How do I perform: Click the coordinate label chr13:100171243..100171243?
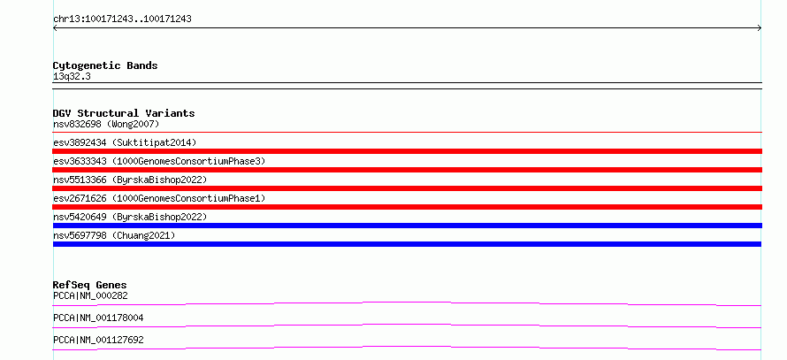point(122,19)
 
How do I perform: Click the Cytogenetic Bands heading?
point(105,65)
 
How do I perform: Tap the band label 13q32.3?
point(72,77)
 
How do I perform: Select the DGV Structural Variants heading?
point(124,113)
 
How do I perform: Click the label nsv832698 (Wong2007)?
point(106,124)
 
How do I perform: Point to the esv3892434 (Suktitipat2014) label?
point(125,142)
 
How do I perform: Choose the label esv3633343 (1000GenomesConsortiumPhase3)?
point(159,161)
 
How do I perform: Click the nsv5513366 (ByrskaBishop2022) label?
point(130,180)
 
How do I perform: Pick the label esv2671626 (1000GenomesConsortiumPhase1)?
point(159,198)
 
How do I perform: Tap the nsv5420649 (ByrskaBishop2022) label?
point(130,217)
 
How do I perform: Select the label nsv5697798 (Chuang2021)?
point(114,235)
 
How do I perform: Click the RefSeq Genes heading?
point(90,285)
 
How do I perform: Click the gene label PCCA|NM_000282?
point(90,295)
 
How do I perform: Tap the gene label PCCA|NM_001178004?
point(98,318)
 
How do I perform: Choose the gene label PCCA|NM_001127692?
point(98,340)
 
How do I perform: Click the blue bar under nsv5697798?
point(407,244)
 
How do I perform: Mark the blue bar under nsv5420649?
point(408,226)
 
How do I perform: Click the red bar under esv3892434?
point(408,151)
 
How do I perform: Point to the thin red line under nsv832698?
point(408,132)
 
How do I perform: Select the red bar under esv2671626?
point(408,207)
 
